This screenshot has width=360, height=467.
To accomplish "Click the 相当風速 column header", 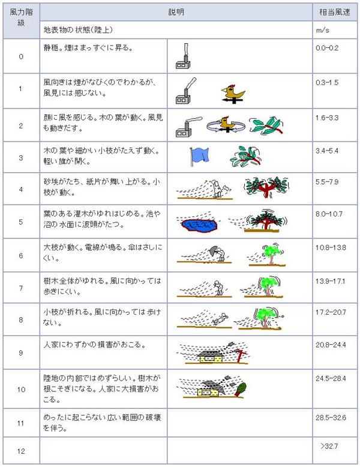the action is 334,12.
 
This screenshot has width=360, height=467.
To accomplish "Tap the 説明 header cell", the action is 176,12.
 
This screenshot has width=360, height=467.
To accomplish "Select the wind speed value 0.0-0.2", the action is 327,48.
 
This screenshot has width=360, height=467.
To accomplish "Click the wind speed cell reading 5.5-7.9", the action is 327,182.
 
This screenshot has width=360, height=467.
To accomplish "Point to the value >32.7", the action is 329,446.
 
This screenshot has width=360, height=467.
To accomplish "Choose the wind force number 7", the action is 21,288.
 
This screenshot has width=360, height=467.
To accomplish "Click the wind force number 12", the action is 21,451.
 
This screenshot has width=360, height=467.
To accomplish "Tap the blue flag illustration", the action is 199,156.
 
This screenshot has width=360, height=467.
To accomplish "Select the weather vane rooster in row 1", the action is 233,94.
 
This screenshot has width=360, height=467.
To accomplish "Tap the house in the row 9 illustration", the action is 211,356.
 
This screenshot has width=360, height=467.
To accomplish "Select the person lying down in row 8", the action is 221,319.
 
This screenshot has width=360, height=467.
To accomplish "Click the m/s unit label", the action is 322,31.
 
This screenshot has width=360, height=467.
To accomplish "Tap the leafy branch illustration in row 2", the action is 266,125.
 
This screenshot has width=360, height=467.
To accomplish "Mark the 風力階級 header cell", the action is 21,17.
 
